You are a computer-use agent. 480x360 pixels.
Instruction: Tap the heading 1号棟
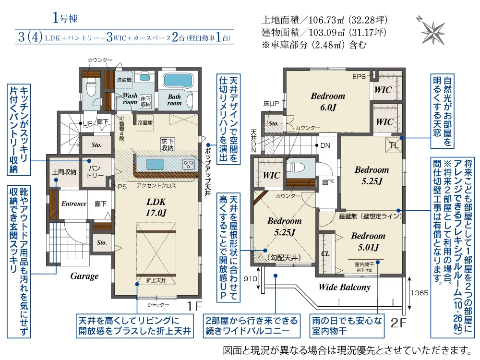pyautogui.click(x=65, y=19)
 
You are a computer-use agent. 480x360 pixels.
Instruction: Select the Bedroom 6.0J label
pyautogui.click(x=328, y=101)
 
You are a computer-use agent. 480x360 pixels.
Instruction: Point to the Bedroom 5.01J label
pyautogui.click(x=368, y=241)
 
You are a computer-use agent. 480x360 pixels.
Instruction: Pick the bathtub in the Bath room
pyautogui.click(x=178, y=80)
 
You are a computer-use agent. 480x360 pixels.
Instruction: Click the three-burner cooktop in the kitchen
pyautogui.click(x=189, y=165)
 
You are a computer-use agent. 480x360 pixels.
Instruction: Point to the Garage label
pyautogui.click(x=84, y=276)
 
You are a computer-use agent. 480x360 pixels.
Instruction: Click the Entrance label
pyautogui.click(x=73, y=204)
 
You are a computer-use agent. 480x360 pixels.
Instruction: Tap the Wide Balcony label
pyautogui.click(x=345, y=287)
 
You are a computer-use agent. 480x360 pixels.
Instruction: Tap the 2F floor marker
pyautogui.click(x=398, y=322)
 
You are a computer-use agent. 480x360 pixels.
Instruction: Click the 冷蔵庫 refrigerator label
pyautogui.click(x=145, y=122)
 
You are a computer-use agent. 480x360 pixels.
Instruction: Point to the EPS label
pyautogui.click(x=359, y=76)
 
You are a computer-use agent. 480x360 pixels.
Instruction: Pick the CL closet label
pyautogui.click(x=325, y=253)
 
